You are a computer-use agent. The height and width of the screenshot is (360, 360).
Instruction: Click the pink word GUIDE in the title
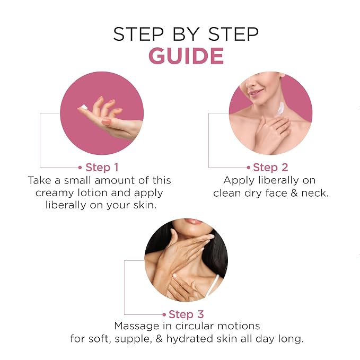point(186,56)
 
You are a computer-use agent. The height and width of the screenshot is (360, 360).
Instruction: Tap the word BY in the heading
point(186,34)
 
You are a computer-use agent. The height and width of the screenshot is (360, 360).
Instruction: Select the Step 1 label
point(102,168)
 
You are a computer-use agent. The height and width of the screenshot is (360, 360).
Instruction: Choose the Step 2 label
point(270,168)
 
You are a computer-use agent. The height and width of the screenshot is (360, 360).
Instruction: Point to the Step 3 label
point(186,314)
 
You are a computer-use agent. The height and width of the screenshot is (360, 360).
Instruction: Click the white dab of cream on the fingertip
point(84,107)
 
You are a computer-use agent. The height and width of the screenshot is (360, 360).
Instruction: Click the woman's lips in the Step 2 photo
point(256,93)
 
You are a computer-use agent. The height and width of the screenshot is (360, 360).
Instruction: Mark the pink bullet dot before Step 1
point(80,168)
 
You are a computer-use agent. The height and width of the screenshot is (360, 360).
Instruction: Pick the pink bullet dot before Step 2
point(249,168)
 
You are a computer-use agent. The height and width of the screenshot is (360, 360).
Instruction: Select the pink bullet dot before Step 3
point(164,314)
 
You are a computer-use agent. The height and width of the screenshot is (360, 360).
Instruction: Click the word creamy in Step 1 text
point(55,194)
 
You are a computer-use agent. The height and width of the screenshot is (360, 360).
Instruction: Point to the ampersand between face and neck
point(294,193)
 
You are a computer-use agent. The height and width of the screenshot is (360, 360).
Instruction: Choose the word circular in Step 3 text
point(195,326)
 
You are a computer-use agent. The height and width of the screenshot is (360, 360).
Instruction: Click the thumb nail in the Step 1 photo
point(106,121)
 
